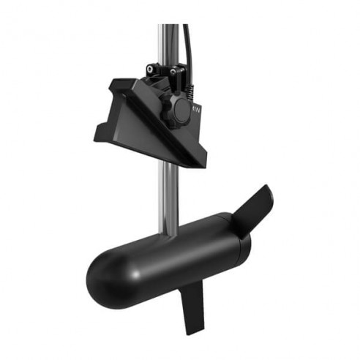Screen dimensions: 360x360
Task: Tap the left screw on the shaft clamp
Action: click(x=150, y=70)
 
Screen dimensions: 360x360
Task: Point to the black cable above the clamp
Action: click(x=188, y=44)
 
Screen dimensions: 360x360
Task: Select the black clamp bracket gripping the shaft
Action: click(x=162, y=80)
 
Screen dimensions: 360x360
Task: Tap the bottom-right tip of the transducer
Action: click(x=203, y=164)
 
